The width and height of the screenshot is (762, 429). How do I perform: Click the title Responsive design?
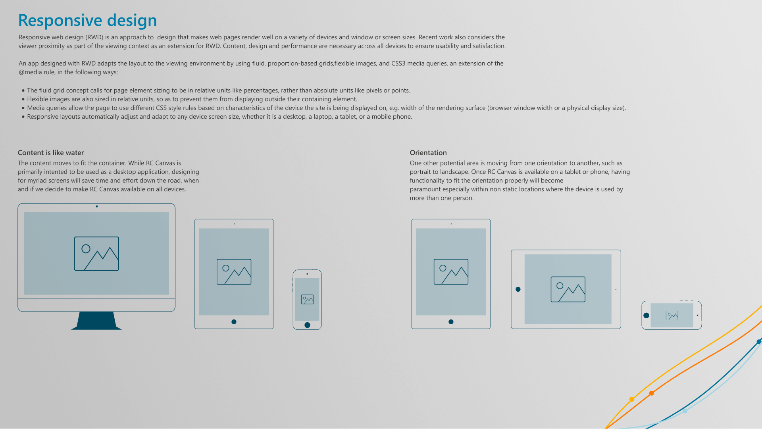pos(87,21)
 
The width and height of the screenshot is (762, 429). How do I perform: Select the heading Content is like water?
pos(51,153)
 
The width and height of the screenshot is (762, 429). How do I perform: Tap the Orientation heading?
pos(428,153)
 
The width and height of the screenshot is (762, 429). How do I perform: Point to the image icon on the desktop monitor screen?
pos(96,254)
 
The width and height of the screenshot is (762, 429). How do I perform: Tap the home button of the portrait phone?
pos(307,325)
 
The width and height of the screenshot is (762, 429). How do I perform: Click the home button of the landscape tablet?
pos(518,289)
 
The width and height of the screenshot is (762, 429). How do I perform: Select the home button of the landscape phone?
pos(646,315)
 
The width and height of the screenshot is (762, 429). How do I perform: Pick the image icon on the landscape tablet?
pos(568,289)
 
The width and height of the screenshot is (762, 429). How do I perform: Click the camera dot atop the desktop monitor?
pos(97,206)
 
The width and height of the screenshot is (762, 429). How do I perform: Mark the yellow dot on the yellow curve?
pos(632,399)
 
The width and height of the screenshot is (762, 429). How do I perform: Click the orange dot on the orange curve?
pos(651,393)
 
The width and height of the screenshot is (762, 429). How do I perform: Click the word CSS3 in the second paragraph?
pos(398,63)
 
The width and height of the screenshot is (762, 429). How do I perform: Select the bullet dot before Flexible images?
pos(23,99)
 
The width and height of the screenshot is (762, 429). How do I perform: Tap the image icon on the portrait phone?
pos(307,299)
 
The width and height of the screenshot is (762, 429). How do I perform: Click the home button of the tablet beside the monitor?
pos(234,322)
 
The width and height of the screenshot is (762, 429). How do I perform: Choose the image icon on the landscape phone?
pos(672,315)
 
